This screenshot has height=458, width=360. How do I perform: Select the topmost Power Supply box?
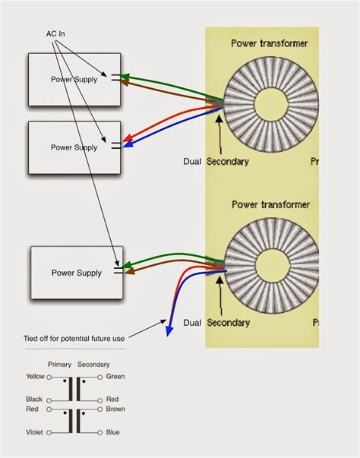74,79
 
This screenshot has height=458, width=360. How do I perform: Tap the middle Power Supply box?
74,147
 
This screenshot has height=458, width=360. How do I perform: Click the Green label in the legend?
115,376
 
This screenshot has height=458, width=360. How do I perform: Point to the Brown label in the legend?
116,409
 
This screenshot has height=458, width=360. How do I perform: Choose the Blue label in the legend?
114,432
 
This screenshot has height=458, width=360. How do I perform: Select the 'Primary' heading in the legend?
58,364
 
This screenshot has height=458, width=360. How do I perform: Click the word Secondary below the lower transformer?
227,323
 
